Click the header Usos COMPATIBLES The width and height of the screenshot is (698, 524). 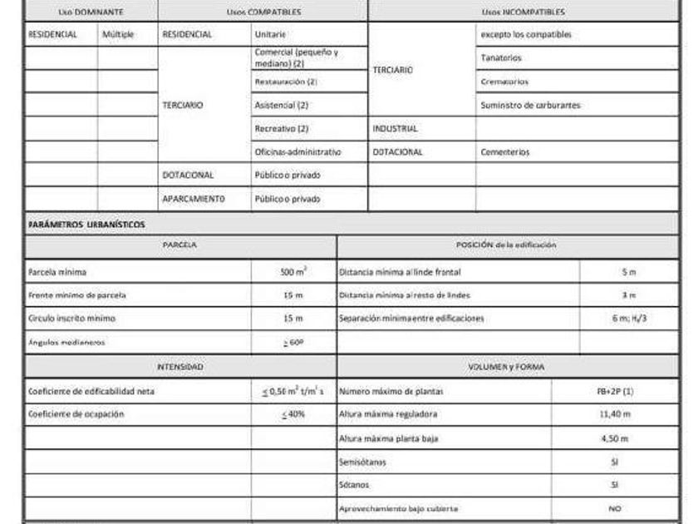263,12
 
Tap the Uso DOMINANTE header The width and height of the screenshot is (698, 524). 91,12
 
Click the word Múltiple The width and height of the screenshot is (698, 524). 118,35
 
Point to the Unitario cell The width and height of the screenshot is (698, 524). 271,35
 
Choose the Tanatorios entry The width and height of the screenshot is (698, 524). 501,58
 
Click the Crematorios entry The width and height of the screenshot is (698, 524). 504,82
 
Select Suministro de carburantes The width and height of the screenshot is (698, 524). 530,106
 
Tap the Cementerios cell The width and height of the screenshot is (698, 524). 504,152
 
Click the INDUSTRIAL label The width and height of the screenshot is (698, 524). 396,129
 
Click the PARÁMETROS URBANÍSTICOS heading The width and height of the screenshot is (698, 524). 86,225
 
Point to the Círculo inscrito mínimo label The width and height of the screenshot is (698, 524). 71,318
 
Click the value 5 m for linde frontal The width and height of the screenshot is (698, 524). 628,272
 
